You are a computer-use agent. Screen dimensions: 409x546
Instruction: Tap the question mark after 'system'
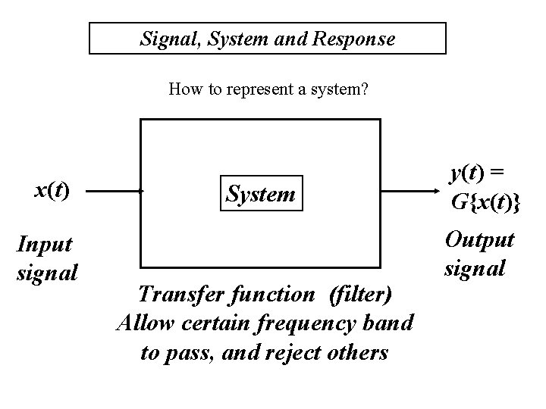(365, 90)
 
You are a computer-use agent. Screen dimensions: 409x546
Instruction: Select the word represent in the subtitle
(246, 90)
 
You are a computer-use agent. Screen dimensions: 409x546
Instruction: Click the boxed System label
(261, 195)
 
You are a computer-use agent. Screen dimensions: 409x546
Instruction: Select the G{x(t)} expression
(485, 203)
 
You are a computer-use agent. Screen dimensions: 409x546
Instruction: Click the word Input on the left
(45, 244)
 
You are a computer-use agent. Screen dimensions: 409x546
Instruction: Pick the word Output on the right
(479, 240)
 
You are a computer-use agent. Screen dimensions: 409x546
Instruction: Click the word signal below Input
(46, 270)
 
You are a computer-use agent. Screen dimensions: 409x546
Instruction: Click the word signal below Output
(475, 267)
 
